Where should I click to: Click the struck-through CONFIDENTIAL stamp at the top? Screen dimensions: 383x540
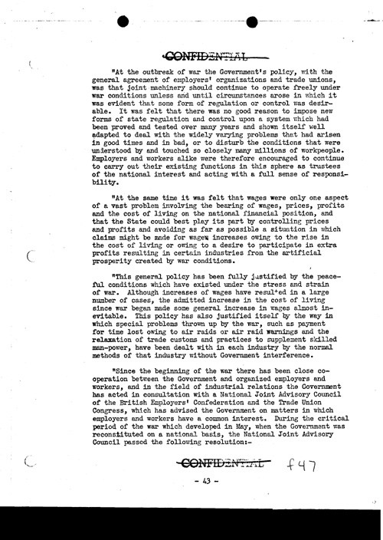click(x=198, y=54)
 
